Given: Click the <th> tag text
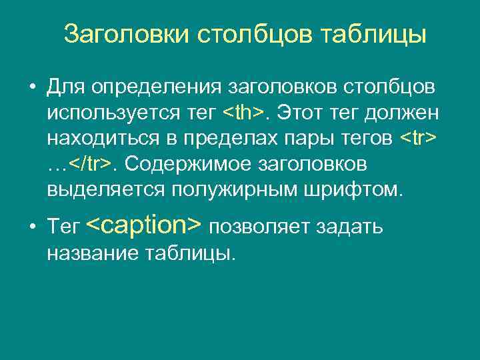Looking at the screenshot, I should pyautogui.click(x=243, y=113).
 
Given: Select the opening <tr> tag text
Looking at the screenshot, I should pyautogui.click(x=419, y=139).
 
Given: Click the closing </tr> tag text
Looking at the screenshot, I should pyautogui.click(x=89, y=164).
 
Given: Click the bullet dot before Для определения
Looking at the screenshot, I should pyautogui.click(x=31, y=88).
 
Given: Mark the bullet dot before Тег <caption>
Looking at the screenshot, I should pyautogui.click(x=31, y=227).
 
